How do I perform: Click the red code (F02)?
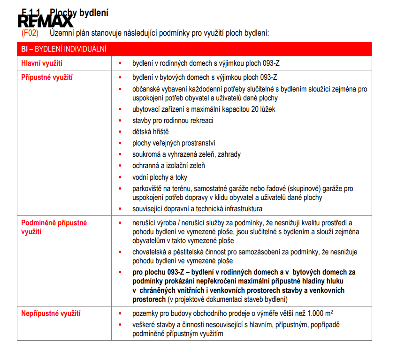pos(30,33)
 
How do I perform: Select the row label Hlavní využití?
pos(42,63)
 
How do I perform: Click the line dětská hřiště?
pos(150,132)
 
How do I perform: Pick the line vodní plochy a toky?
pos(160,177)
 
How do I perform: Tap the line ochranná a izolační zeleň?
pos(168,166)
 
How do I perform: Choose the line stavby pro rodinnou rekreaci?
pos(173,121)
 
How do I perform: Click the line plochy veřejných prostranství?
pos(174,143)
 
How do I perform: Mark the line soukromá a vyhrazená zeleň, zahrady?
pos(186,154)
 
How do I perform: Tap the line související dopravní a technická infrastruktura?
pos(197,208)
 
